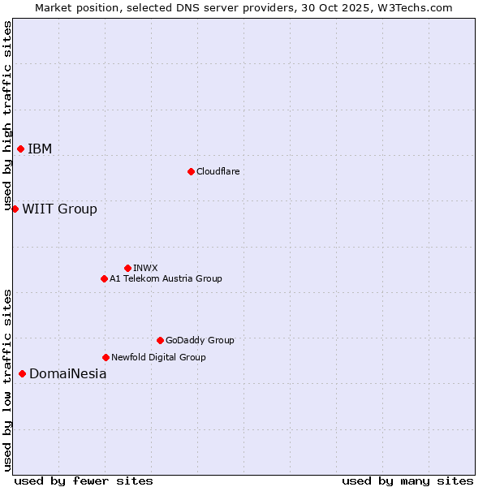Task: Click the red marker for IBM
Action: click(20, 149)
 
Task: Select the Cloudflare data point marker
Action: click(191, 171)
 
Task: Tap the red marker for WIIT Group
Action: click(15, 209)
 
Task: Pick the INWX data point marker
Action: click(127, 268)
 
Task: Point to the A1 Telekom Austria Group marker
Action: click(104, 278)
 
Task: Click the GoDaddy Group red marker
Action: click(160, 340)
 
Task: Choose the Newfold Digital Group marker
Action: click(106, 357)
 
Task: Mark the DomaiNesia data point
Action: click(22, 373)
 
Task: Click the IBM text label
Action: click(40, 149)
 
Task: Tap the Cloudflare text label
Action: click(218, 171)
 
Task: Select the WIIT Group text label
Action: click(59, 209)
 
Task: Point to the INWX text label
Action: click(145, 268)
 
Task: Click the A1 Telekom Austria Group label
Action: click(166, 278)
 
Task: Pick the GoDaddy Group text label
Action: click(200, 340)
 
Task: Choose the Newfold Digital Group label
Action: click(158, 357)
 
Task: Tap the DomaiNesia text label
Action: click(67, 373)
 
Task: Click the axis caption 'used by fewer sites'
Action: click(84, 481)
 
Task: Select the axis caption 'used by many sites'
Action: click(407, 481)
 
